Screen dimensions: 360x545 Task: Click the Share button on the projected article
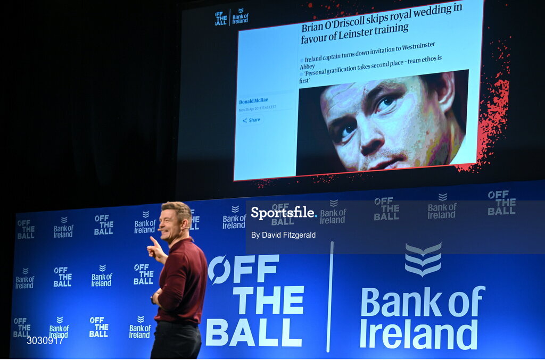coord(251,120)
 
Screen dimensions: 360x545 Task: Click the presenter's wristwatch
coord(153,299)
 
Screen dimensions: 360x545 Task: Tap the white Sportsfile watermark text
coord(283,213)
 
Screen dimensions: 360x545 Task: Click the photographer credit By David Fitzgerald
coord(283,235)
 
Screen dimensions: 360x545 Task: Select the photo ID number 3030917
coord(45,340)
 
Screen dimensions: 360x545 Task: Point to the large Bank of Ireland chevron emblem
coord(423,259)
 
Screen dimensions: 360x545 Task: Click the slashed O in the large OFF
coord(219,269)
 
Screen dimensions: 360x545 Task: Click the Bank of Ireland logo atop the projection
coord(240,16)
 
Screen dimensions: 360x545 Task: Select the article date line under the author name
coord(258,108)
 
